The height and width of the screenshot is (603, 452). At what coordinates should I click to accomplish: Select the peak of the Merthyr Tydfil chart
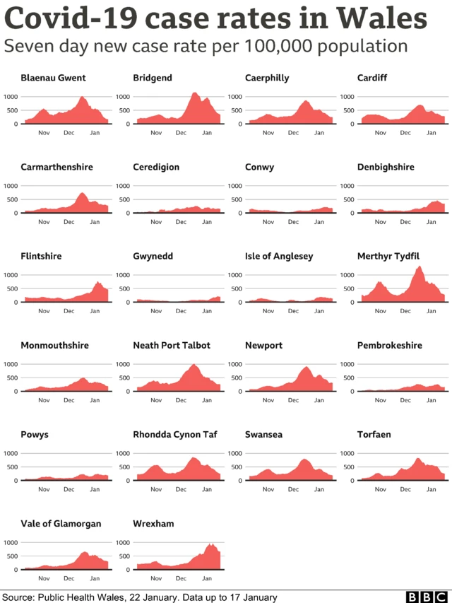[420, 267]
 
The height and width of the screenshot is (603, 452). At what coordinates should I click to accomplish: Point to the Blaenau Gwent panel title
[53, 78]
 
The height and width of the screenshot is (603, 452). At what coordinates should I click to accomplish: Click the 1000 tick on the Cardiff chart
[347, 97]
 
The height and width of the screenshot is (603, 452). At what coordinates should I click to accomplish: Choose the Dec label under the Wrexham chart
[181, 578]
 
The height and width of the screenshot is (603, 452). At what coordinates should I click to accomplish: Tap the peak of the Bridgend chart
[194, 93]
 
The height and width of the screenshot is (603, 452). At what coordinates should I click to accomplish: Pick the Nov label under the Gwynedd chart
[155, 310]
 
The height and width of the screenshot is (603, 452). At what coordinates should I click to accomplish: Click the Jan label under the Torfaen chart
[432, 488]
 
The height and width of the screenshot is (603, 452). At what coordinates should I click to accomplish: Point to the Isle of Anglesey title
[279, 256]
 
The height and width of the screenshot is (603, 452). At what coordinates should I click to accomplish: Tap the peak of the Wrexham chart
[210, 544]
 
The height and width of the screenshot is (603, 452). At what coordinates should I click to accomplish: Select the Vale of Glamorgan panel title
[61, 523]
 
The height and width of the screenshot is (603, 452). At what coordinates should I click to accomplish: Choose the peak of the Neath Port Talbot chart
[194, 365]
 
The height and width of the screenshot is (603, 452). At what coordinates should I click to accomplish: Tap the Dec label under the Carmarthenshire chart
[69, 221]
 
